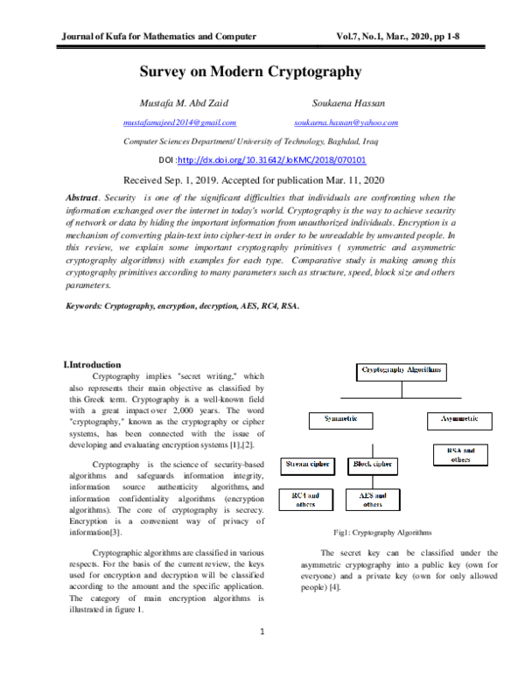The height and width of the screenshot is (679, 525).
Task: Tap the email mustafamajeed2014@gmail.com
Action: point(179,123)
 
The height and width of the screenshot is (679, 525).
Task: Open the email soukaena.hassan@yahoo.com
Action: point(346,123)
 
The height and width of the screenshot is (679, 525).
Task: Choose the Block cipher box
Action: point(373,463)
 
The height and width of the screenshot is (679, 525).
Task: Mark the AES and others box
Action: point(373,500)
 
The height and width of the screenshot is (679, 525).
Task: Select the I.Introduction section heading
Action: point(93,364)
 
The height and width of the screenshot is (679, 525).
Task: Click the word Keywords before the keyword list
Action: point(85,306)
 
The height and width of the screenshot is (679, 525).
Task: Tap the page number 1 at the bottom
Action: point(262,632)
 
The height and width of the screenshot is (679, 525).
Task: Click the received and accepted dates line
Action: point(262,179)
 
